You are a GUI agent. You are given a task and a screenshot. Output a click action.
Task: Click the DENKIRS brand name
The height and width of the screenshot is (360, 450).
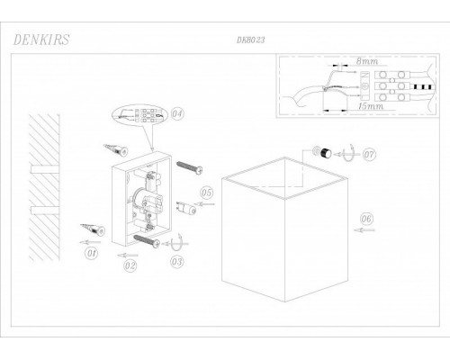tap(41, 40)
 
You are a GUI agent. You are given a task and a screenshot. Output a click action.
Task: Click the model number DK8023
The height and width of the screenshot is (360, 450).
tap(250, 40)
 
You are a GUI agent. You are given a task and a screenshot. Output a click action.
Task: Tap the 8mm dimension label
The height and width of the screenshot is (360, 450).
tap(367, 61)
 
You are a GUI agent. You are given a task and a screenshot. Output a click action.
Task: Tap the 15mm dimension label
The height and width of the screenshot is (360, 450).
tap(371, 106)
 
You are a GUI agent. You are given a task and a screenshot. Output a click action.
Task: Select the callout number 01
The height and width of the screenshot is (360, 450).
tap(91, 253)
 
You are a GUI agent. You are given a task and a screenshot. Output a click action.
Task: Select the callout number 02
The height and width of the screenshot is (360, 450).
tap(130, 265)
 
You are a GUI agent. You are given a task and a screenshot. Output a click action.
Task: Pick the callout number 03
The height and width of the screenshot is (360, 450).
tap(176, 262)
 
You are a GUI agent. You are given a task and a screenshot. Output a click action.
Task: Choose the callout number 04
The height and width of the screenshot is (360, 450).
tap(177, 114)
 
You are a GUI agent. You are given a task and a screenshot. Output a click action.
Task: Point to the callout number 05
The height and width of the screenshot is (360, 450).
tap(206, 193)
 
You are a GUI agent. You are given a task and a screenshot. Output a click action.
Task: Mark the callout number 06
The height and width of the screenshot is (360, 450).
tap(366, 219)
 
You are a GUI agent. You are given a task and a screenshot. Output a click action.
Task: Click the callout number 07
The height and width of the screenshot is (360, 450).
tap(369, 155)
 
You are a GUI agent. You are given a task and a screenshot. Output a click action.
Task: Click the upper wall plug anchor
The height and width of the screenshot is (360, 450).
tap(116, 150)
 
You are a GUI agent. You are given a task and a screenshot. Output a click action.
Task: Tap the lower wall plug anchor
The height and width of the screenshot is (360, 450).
tap(93, 229)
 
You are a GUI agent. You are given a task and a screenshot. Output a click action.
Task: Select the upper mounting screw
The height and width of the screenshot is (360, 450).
tap(190, 167)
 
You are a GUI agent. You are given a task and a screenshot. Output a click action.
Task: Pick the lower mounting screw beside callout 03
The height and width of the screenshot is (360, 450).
tap(147, 241)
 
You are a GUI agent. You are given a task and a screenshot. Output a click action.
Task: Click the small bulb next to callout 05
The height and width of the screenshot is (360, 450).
tap(186, 207)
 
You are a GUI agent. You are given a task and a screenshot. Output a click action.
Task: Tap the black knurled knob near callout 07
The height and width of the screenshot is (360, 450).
tap(326, 153)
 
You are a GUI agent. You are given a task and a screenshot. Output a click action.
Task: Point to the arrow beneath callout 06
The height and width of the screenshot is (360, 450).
tap(364, 230)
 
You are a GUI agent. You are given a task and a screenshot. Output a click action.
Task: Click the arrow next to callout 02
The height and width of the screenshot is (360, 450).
tap(128, 256)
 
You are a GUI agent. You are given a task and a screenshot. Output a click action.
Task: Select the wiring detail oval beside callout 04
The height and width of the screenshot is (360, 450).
tap(139, 115)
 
